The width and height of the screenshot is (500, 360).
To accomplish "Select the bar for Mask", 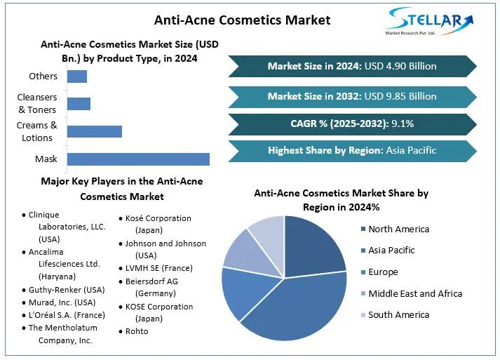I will click(138, 159).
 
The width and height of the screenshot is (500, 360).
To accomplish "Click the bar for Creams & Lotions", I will click(95, 131).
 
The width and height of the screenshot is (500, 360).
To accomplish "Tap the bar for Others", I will click(77, 76).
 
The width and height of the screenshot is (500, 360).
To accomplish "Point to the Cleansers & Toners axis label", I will click(37, 104).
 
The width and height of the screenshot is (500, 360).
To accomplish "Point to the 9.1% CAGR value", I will click(402, 124).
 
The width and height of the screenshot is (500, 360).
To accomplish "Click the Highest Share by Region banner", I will click(352, 150).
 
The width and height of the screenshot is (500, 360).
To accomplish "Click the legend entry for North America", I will click(398, 229).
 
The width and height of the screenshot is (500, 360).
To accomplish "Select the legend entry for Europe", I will click(383, 272).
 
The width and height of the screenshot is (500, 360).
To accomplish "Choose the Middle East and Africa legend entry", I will click(414, 293).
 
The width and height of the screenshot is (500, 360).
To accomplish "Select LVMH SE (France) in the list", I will click(158, 267).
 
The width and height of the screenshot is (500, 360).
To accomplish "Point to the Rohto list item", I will click(137, 331).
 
